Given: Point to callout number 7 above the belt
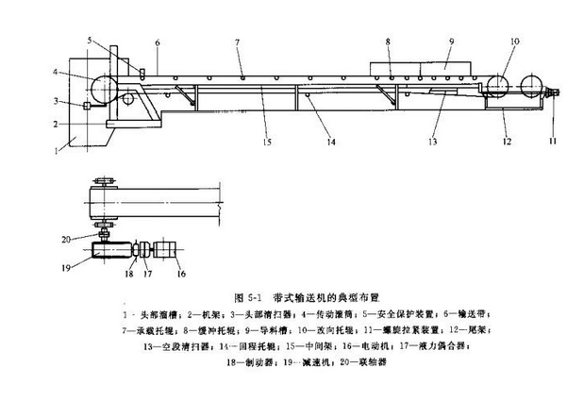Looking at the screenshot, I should [x=239, y=44].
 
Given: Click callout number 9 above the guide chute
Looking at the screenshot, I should [x=452, y=42].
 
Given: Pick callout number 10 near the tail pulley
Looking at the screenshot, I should [x=514, y=42].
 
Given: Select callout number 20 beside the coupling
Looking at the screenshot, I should [x=65, y=238].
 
